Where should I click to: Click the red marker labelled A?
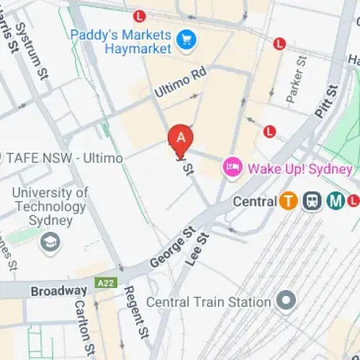pos(181,138)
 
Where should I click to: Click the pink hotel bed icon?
pos(233,168)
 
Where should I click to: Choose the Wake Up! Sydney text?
pos(300,169)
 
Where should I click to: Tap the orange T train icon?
pos(289,202)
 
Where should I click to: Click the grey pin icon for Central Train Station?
pos(287,301)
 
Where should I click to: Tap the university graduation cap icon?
pos(50,241)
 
